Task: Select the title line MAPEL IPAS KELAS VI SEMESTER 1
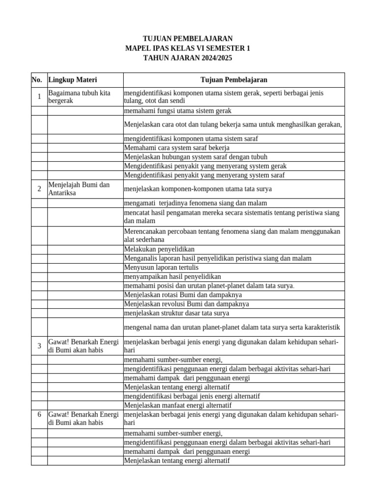tap(188, 48)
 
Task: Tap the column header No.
tap(36, 80)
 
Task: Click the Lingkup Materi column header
tap(72, 80)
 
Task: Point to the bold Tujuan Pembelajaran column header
tap(234, 80)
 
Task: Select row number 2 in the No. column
tap(39, 189)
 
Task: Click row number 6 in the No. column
tap(39, 415)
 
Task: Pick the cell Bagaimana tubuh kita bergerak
tap(79, 97)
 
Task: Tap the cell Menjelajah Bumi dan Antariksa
tap(79, 189)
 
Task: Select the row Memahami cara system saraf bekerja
tap(176, 148)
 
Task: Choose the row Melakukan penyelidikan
tap(160, 249)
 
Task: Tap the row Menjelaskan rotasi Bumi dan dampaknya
tap(183, 295)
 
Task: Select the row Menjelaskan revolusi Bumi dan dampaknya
tap(186, 304)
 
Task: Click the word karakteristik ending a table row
tap(322, 327)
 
